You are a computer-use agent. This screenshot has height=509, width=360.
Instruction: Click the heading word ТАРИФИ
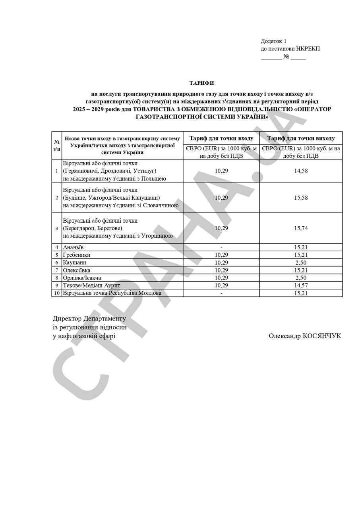click(x=201, y=83)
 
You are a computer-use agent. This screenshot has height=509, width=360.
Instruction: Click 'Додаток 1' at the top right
click(x=273, y=41)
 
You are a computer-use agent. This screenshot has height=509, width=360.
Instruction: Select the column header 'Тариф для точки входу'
click(x=221, y=138)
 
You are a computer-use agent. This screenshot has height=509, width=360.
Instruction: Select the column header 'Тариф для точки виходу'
click(x=301, y=138)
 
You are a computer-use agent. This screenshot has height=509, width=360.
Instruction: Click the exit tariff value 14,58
click(x=301, y=171)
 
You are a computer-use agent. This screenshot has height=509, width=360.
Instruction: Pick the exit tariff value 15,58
click(x=301, y=198)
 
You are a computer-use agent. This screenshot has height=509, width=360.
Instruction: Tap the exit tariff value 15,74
click(x=301, y=228)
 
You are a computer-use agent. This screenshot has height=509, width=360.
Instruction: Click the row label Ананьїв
click(x=73, y=247)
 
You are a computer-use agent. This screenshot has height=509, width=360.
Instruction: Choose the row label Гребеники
click(x=76, y=255)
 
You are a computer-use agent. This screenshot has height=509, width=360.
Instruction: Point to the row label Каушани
click(x=74, y=262)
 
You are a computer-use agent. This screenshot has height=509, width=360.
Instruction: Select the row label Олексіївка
click(x=77, y=270)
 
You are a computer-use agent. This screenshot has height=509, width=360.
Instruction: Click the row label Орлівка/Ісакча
click(x=82, y=278)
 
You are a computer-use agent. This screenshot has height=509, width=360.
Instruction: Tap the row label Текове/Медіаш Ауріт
click(x=91, y=285)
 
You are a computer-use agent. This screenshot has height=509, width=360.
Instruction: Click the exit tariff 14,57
click(x=301, y=285)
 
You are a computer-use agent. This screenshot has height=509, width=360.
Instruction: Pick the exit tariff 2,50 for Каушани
click(x=301, y=262)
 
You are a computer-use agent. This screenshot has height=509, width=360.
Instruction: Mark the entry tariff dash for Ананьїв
click(x=221, y=247)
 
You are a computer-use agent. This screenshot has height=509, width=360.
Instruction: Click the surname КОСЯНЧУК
click(x=321, y=336)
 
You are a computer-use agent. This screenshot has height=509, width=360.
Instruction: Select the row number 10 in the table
click(x=57, y=293)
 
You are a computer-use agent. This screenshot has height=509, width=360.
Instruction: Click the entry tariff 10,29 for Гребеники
click(x=221, y=255)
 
